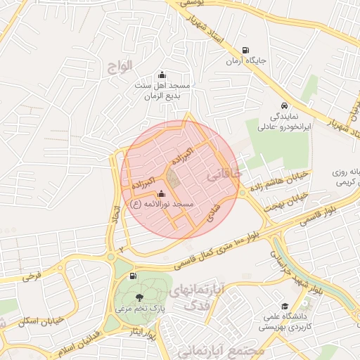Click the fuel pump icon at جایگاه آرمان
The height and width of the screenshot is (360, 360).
click(x=245, y=50)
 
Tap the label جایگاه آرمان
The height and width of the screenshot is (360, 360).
click(x=246, y=61)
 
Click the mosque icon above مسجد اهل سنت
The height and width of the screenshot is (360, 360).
click(x=162, y=75)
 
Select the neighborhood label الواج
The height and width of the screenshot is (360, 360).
click(x=120, y=67)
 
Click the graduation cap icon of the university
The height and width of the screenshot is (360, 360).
click(x=285, y=306)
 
